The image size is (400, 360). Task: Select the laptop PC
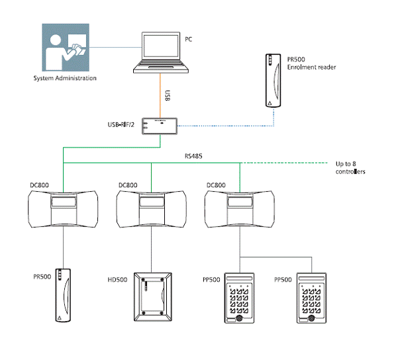tap(162, 51)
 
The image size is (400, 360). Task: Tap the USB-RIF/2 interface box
tap(160, 125)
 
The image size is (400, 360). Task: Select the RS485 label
tap(193, 156)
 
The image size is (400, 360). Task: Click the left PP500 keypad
tap(240, 298)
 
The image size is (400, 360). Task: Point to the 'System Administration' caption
tap(65, 78)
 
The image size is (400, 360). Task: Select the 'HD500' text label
tap(117, 280)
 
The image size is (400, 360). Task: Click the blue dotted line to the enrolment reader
tap(225, 124)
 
